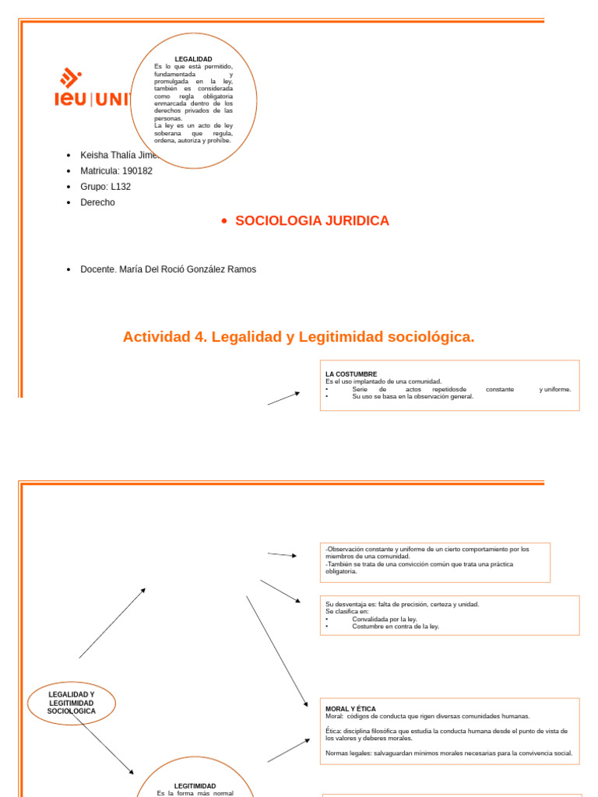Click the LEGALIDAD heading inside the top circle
pos(193,59)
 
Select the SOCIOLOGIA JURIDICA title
pos(311,221)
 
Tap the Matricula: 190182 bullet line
pos(116,170)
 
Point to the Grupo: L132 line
pos(105,187)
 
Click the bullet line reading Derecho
pos(97,202)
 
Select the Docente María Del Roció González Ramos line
pos(168,269)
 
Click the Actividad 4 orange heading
pos(298,337)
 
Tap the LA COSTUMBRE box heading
pos(350,374)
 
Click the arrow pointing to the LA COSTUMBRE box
pos(284,398)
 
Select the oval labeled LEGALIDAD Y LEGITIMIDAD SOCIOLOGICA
pos(72,703)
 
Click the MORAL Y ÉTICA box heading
pos(350,709)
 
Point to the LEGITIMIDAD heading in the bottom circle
pos(195,786)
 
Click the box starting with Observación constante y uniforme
pos(434,561)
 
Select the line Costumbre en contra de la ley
pos(395,627)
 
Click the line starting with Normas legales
pos(448,753)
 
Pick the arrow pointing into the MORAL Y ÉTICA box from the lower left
pos(289,750)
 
